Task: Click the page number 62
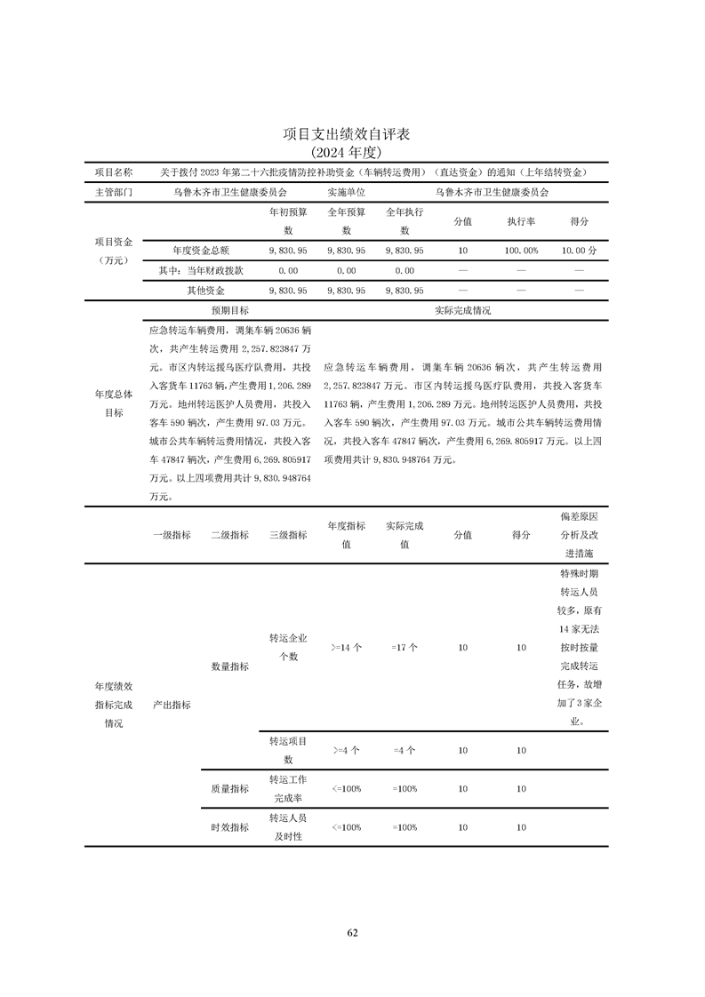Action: pos(352,932)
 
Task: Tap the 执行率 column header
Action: pos(521,221)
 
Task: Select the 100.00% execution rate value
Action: pos(521,251)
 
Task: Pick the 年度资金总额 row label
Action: pos(201,251)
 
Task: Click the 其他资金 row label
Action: pos(205,291)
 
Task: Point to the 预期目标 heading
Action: pos(229,311)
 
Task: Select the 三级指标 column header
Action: pos(288,535)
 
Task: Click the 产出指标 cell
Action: pos(172,705)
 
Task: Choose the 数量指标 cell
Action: pos(229,666)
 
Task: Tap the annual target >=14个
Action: pos(346,648)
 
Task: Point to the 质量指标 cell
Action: pos(229,788)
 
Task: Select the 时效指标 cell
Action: pos(229,827)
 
